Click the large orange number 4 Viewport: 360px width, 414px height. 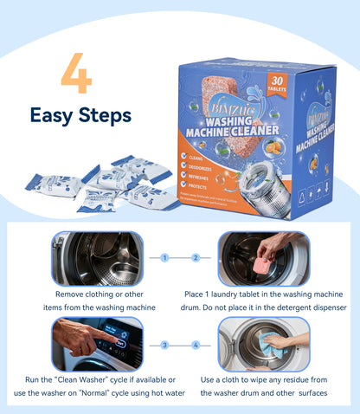76,76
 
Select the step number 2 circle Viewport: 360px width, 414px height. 195,257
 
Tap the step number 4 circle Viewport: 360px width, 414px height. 195,344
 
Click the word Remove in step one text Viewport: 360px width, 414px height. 70,294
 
